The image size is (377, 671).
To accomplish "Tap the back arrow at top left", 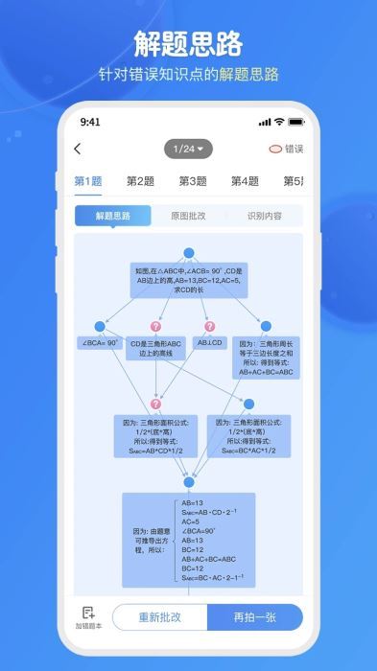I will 78,149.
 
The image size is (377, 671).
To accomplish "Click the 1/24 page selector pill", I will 188,149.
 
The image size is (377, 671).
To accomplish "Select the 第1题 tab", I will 88,181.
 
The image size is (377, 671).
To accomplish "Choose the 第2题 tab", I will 140,181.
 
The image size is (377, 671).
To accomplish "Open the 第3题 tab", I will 193,181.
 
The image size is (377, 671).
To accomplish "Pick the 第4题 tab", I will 245,181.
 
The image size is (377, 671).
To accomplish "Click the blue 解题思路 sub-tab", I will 113,216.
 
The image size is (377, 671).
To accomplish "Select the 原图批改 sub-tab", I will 188,216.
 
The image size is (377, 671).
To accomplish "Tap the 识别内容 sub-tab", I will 264,216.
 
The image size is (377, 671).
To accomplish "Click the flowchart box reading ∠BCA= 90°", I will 99,342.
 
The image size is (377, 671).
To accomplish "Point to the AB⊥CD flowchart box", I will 209,342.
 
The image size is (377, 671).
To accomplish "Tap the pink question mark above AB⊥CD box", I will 209,327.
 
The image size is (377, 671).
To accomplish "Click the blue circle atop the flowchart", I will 189,253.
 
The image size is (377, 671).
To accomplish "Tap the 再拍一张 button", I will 255,616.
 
